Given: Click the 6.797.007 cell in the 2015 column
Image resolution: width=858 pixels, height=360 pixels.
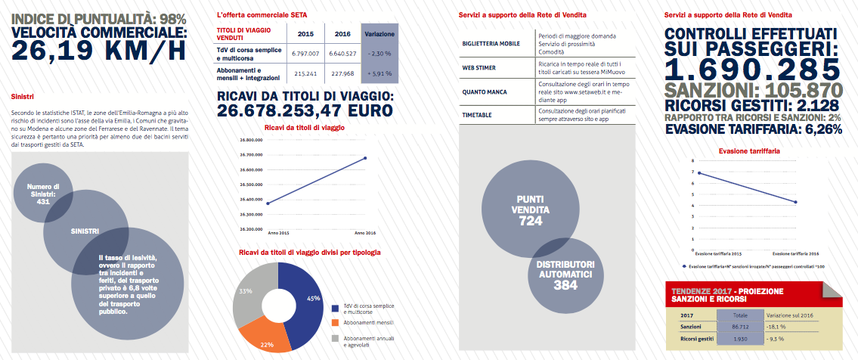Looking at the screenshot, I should coord(307,54).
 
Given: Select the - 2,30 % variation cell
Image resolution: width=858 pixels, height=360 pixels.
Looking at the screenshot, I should coord(379,54).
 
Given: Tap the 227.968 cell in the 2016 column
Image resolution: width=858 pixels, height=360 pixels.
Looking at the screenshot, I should coord(342,73).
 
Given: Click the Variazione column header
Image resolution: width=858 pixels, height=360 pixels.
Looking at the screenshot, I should coord(379,34).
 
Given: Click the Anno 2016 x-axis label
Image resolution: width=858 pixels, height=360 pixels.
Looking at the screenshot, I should coord(365,232).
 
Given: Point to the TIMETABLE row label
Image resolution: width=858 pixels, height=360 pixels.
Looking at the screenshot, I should coord(477,115).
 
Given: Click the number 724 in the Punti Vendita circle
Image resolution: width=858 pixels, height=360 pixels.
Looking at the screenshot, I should coord(530,222).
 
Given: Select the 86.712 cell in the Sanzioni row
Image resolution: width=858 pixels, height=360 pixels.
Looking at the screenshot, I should coord(740,325).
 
